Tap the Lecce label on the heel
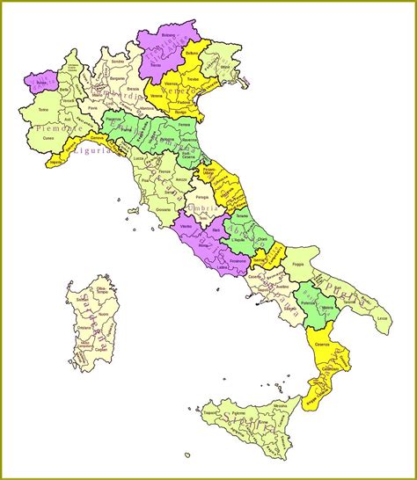click(380, 317)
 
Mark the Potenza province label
click(306, 301)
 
